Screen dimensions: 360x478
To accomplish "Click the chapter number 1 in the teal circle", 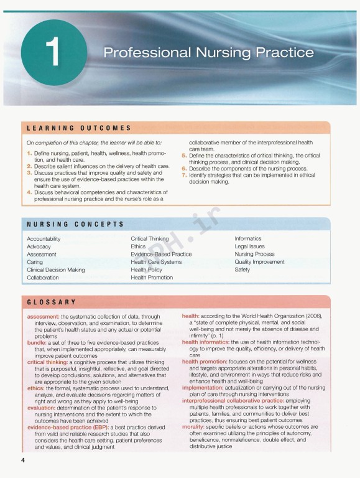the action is [x=55, y=54].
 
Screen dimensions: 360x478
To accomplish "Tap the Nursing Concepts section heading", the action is [x=75, y=224].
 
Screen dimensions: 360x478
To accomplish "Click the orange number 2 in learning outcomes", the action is [x=29, y=166].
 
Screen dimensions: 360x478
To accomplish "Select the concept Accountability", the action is [x=44, y=239].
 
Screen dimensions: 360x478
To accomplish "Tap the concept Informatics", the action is [x=248, y=239].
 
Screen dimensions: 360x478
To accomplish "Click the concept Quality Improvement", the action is [x=259, y=262].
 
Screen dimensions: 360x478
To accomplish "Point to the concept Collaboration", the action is [x=43, y=278].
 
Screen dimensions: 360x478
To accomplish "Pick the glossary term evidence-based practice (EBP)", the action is [x=69, y=427].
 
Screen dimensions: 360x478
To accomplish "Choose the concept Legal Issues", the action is [x=249, y=246].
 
